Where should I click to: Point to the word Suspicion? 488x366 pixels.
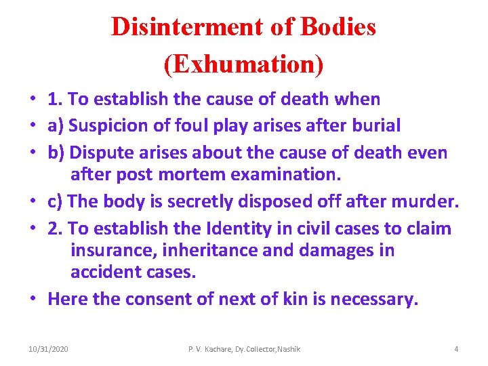click(x=108, y=125)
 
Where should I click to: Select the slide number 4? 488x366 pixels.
click(x=456, y=349)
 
